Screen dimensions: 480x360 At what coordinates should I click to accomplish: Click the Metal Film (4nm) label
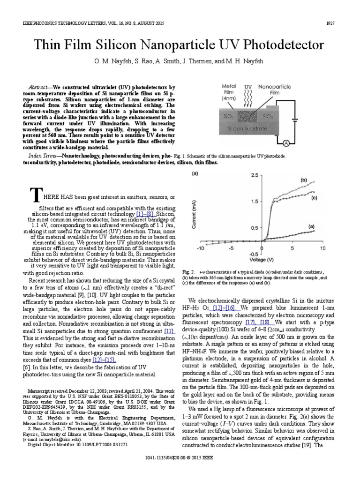229,93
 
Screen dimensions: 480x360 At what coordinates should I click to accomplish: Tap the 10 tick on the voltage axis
323,248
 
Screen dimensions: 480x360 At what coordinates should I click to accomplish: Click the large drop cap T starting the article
34,194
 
